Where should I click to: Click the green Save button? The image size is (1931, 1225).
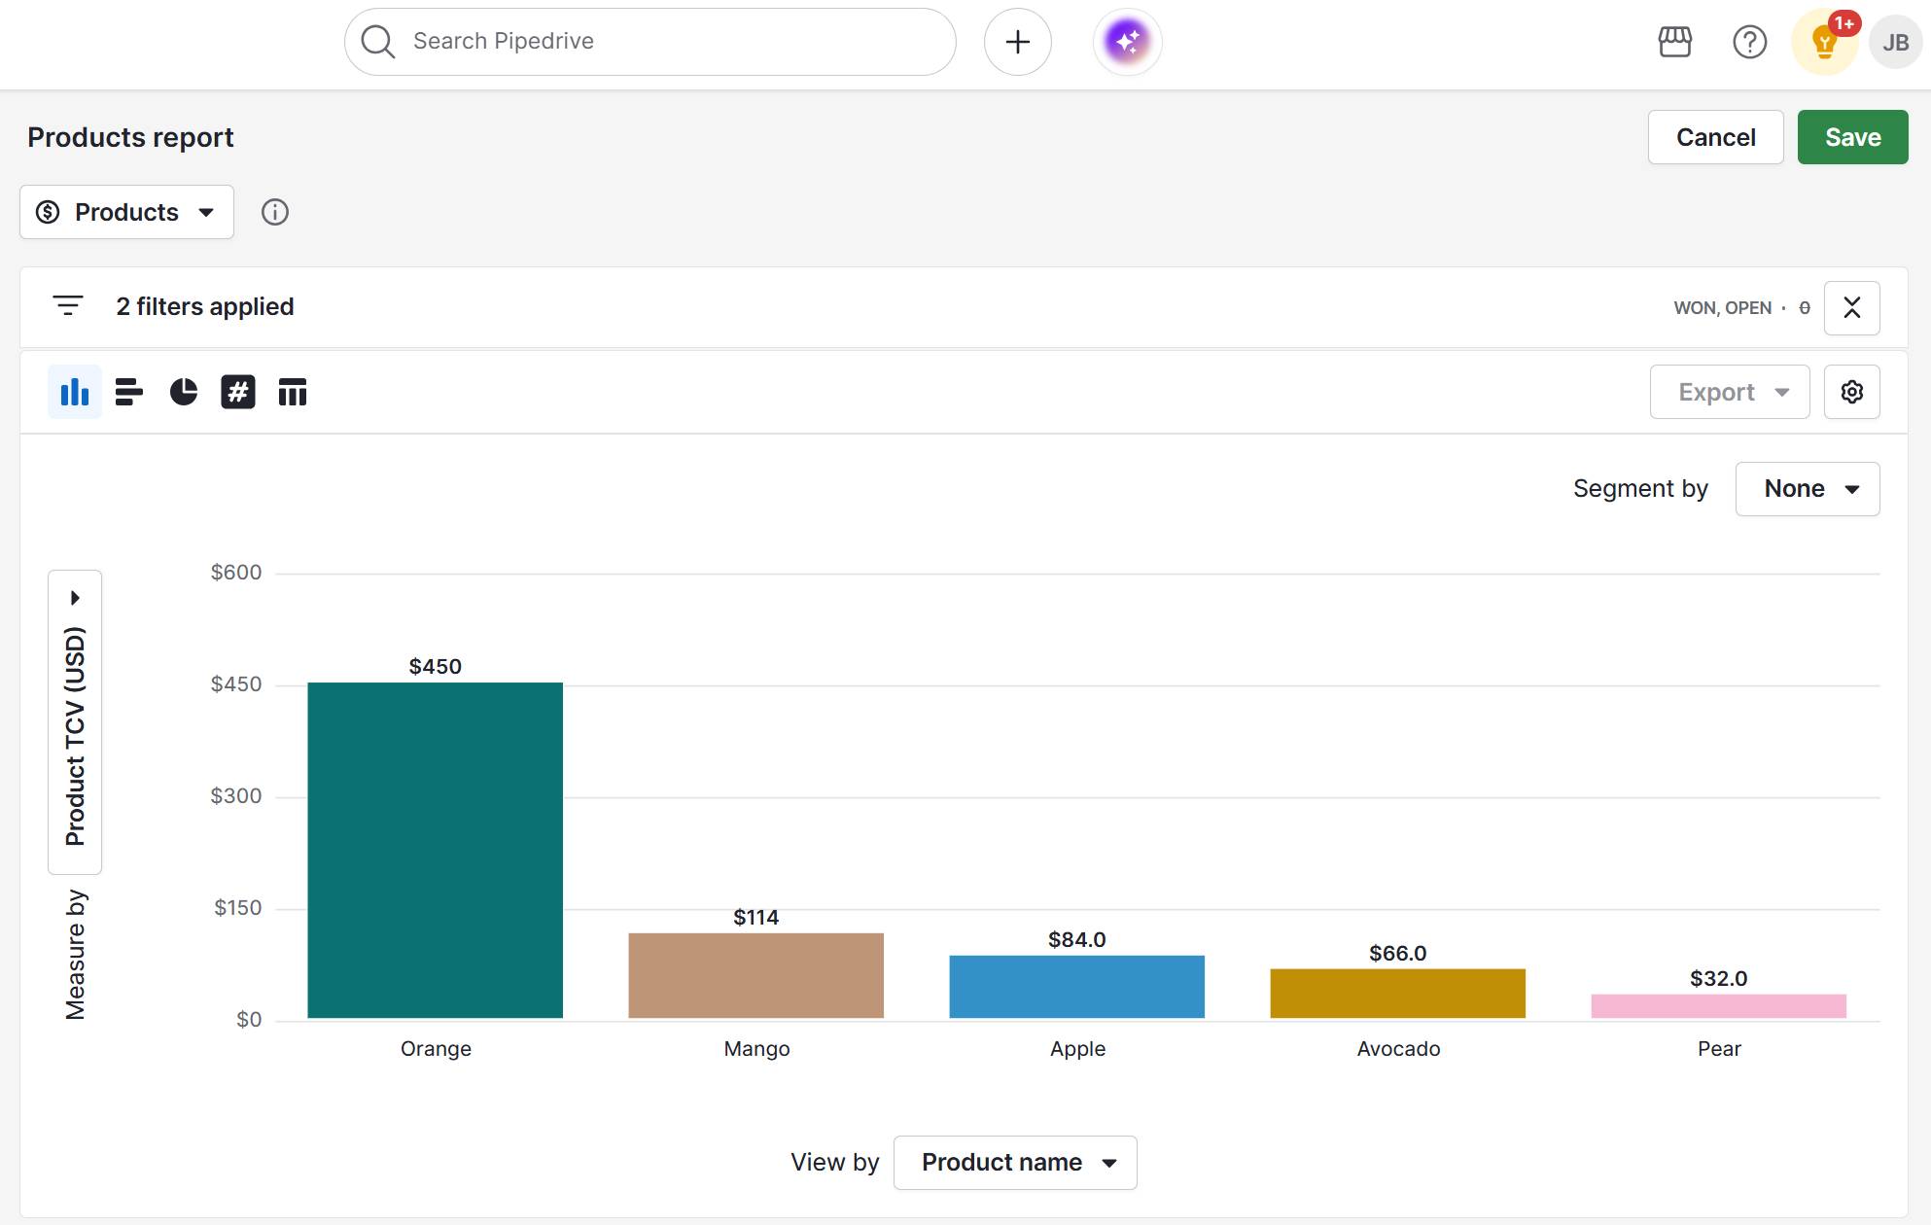click(x=1851, y=137)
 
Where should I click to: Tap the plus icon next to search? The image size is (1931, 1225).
click(x=1017, y=42)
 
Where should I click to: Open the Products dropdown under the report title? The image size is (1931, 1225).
click(x=126, y=212)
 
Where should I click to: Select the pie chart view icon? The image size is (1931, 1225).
click(x=184, y=392)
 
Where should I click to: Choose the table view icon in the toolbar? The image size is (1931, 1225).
click(x=292, y=392)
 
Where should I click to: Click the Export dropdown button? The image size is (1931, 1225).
click(x=1729, y=392)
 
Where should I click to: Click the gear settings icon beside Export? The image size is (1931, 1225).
click(x=1851, y=392)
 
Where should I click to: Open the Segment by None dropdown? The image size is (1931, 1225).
click(x=1807, y=488)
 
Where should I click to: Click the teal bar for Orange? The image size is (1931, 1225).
click(x=435, y=850)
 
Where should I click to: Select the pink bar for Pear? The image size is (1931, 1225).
click(x=1718, y=1006)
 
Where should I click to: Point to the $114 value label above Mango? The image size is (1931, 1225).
click(x=755, y=917)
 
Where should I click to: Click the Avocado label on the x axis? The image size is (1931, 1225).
click(x=1397, y=1048)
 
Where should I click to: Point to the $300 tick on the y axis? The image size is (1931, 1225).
click(x=236, y=796)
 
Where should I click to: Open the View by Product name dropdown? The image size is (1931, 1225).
click(x=1014, y=1162)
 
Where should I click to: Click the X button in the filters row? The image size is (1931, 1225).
click(x=1851, y=307)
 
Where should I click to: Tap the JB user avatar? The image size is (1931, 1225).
click(x=1894, y=42)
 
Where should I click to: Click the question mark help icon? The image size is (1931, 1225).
click(x=1749, y=42)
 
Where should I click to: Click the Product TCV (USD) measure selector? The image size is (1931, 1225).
click(x=75, y=721)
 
